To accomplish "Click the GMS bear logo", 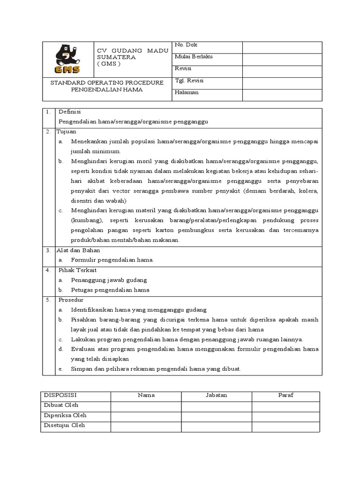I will click(x=67, y=59).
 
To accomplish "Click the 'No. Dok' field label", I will click(x=186, y=45).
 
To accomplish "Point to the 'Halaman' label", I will click(x=187, y=92).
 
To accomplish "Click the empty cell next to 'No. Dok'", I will click(x=282, y=47).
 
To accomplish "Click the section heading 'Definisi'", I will click(x=70, y=112).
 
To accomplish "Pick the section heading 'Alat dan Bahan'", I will click(x=79, y=250).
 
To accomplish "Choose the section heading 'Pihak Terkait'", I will click(x=77, y=270).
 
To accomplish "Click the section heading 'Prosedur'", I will click(x=71, y=300).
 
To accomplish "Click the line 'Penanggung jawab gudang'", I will click(x=109, y=280).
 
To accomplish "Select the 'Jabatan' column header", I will click(x=216, y=395).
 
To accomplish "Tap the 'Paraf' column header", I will click(x=285, y=395).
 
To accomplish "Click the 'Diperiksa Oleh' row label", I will click(x=65, y=415).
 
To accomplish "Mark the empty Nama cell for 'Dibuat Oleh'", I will click(x=146, y=405).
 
